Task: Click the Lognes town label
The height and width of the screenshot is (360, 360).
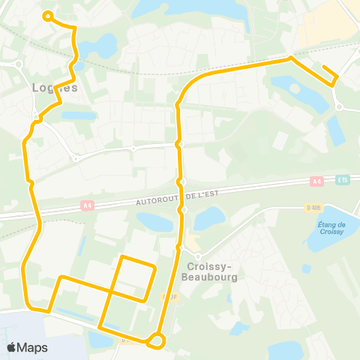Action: (55, 87)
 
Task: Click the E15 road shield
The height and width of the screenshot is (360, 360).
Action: (343, 180)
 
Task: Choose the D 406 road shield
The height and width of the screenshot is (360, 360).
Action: (313, 208)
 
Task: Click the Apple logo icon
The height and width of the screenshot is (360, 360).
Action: (13, 347)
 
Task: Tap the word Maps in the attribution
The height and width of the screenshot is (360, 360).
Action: (33, 347)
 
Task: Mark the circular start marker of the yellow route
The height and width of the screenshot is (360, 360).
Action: (47, 15)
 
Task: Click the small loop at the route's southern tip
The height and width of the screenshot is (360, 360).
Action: (157, 340)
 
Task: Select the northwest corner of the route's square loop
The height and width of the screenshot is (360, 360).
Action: (123, 257)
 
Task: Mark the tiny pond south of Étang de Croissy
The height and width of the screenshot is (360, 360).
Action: (306, 268)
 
